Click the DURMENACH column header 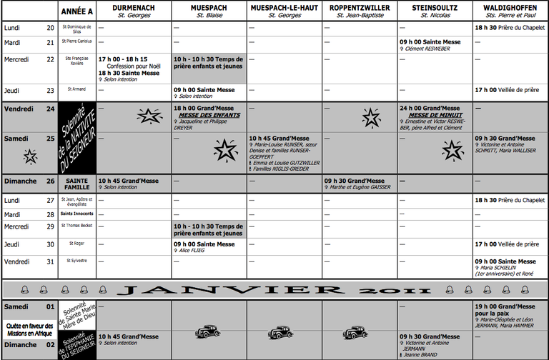(x=133, y=6)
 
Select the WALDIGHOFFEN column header (x=510, y=6)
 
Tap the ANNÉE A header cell (x=77, y=11)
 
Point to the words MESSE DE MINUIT (x=436, y=115)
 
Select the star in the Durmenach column (x=149, y=116)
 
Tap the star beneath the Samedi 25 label (x=30, y=156)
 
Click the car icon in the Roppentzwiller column (x=353, y=332)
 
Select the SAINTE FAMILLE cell (x=76, y=184)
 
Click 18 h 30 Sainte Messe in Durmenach (x=129, y=73)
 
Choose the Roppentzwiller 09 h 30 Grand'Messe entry (x=356, y=181)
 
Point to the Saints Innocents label (x=76, y=214)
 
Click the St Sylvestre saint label (x=76, y=261)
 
